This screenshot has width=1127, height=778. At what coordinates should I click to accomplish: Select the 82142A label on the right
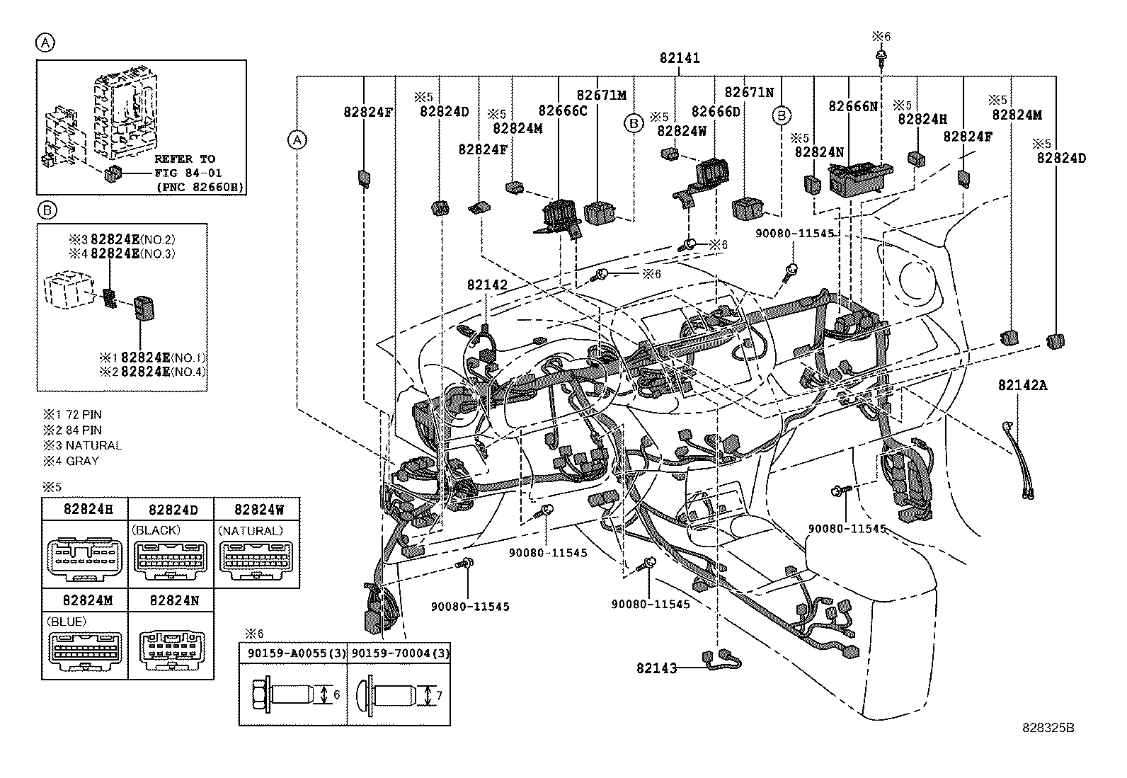[x=1022, y=386]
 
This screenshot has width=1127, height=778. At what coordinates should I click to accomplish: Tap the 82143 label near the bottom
[x=656, y=668]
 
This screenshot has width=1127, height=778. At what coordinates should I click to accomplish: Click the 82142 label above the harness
[x=487, y=285]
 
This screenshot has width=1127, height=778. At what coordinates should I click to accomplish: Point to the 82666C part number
[x=562, y=110]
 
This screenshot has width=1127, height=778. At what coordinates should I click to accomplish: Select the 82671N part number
[x=749, y=93]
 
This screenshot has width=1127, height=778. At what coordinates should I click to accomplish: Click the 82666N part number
[x=853, y=106]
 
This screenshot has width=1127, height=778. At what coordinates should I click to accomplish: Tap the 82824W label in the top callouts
[x=682, y=131]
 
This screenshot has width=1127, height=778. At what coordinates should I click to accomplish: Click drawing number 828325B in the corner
[x=1047, y=727]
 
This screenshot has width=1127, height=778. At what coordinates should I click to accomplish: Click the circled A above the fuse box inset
[x=45, y=44]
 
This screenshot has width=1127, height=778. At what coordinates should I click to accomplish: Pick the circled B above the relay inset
[x=46, y=210]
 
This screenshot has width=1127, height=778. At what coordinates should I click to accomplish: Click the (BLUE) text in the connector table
[x=66, y=622]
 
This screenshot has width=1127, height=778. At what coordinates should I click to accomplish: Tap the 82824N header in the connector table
[x=174, y=600]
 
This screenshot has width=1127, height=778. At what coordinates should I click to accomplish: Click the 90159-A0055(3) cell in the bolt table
[x=292, y=653]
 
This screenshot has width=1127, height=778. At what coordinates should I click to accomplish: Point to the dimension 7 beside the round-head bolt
[x=439, y=696]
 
